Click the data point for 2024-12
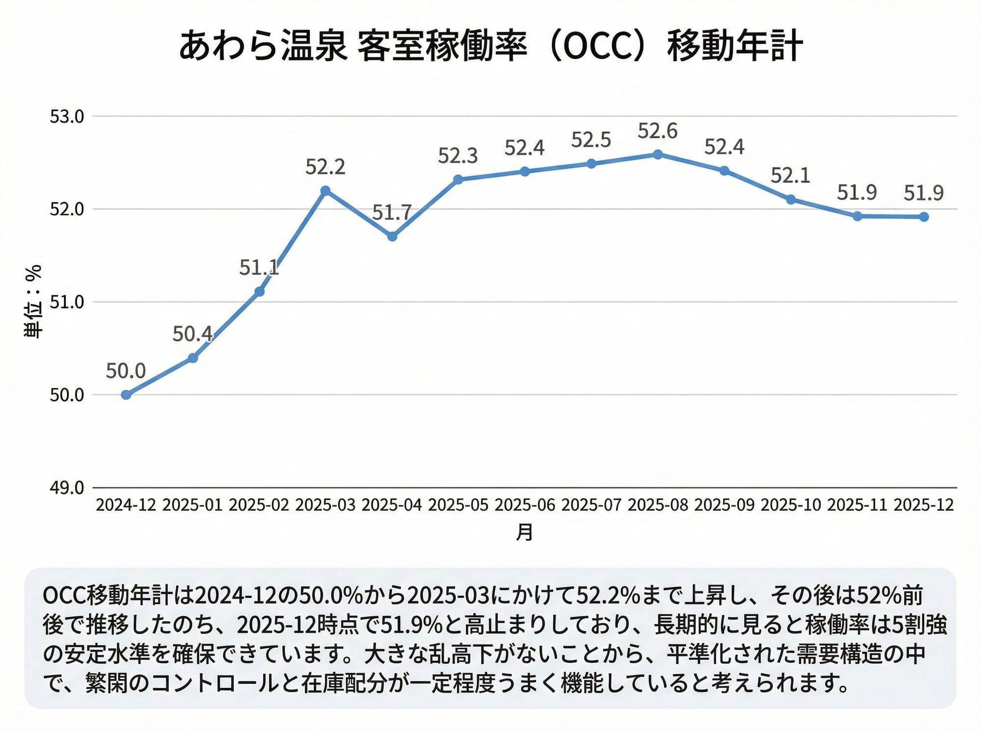point(126,395)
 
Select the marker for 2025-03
point(325,190)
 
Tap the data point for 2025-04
point(392,236)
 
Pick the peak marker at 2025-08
point(658,154)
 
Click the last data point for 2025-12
point(924,217)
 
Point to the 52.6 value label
point(657,131)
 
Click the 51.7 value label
point(391,213)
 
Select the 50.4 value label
point(192,334)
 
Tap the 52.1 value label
point(790,176)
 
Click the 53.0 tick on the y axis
point(67,117)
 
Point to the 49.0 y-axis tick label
point(67,488)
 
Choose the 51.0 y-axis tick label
point(67,302)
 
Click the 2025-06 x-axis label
point(524,505)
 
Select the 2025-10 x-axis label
point(790,505)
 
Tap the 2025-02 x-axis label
point(259,505)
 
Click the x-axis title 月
point(524,532)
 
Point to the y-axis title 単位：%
point(33,302)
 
